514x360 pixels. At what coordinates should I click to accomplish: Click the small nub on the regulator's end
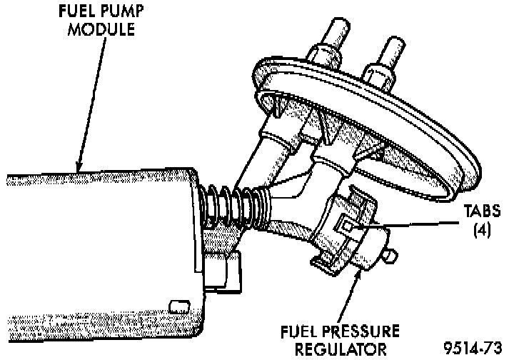[391, 254]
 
